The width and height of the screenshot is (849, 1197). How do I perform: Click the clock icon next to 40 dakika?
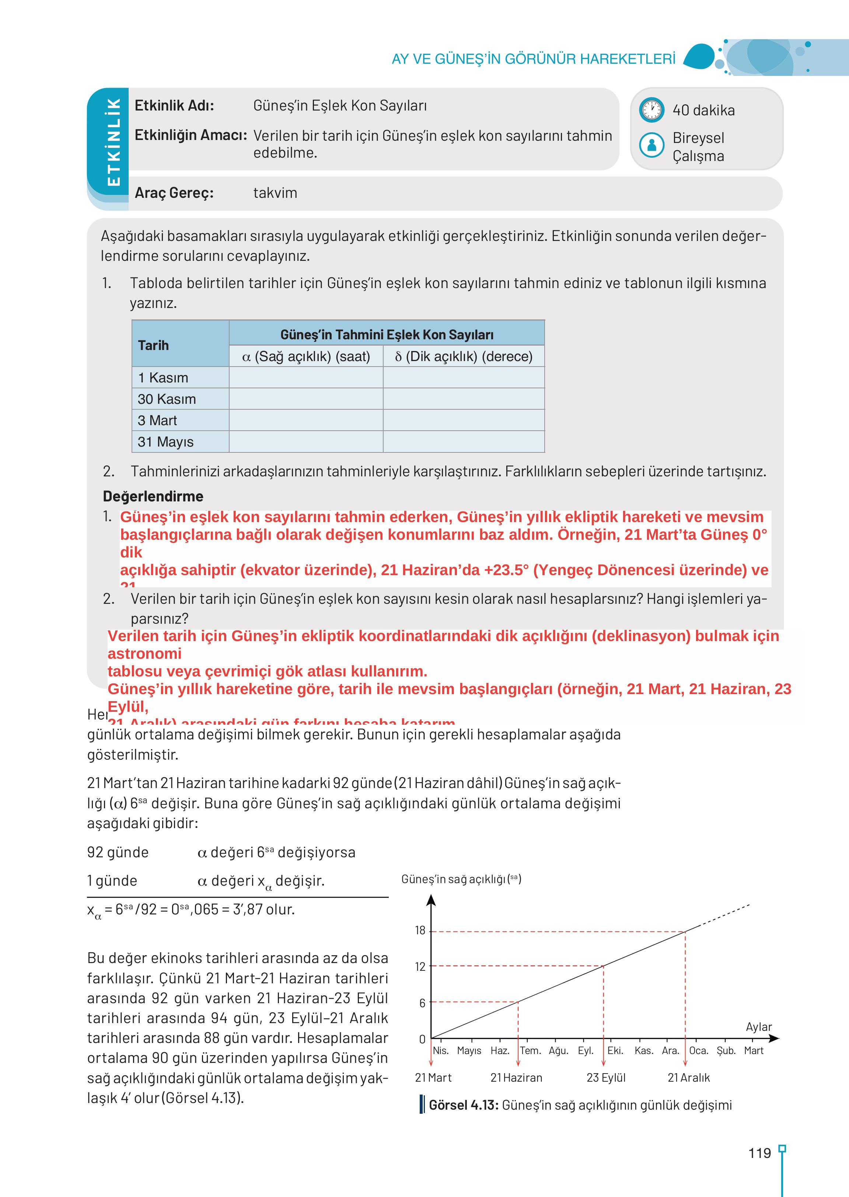651,110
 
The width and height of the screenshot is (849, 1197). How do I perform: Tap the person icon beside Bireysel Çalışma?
652,145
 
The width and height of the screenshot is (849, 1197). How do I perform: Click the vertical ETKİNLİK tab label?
113,142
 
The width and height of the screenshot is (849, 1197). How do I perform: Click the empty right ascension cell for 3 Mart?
306,420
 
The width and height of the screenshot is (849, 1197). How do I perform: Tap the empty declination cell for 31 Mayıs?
463,442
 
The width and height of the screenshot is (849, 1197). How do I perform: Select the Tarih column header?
153,345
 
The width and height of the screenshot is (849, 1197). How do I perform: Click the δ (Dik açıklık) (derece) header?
463,357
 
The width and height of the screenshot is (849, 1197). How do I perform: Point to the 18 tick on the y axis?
420,930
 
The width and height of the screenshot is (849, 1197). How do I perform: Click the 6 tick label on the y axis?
422,1002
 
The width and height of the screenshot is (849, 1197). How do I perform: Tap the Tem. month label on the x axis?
530,1051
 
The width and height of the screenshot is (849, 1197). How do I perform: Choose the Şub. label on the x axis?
726,1051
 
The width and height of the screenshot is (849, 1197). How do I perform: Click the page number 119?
759,1152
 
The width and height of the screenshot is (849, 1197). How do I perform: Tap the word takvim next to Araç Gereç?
275,193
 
